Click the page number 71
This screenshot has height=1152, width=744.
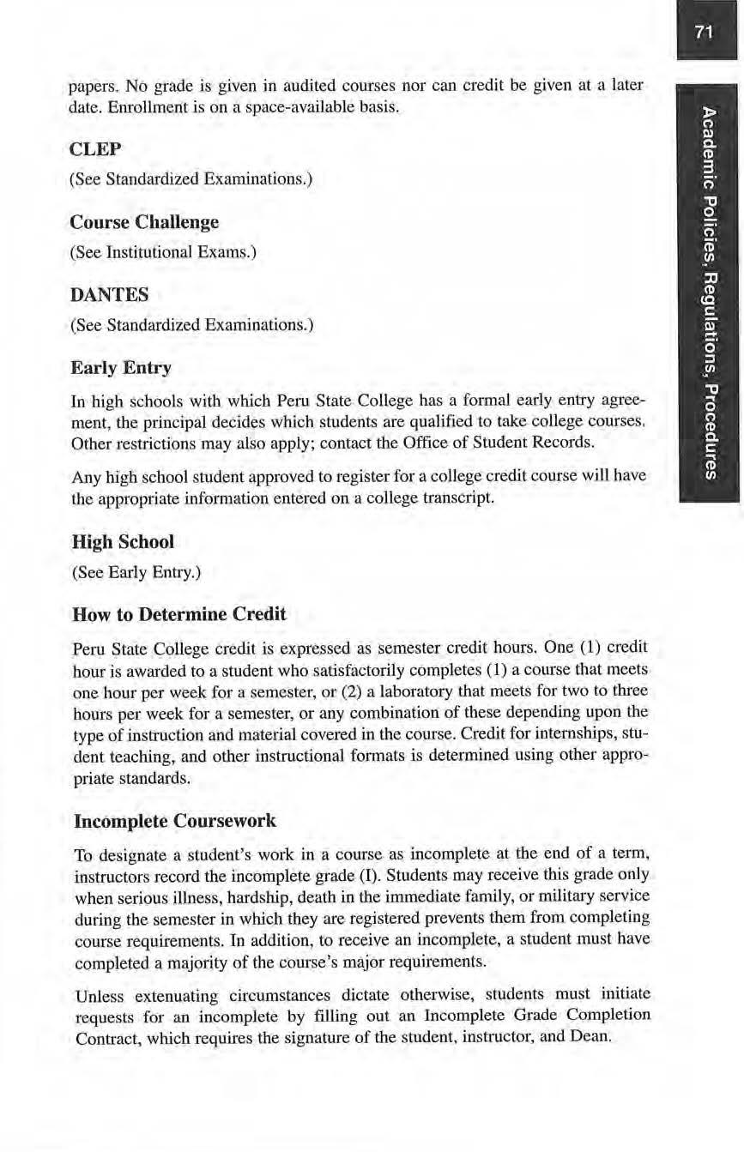click(x=705, y=33)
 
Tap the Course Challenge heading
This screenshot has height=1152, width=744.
click(x=144, y=222)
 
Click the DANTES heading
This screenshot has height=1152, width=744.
click(x=109, y=295)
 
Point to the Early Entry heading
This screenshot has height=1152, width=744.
click(x=121, y=368)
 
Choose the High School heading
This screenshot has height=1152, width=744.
click(x=124, y=542)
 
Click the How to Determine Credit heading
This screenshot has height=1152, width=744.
click(x=180, y=614)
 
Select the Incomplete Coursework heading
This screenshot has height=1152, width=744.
click(x=176, y=821)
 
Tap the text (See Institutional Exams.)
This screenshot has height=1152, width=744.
click(x=164, y=252)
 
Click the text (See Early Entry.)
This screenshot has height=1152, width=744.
click(x=137, y=572)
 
